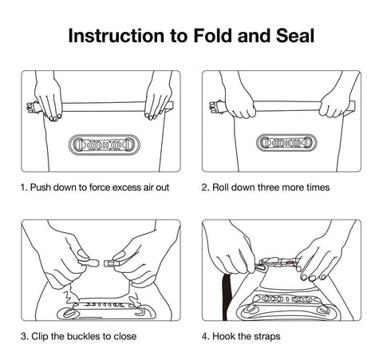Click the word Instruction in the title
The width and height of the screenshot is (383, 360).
tap(116, 36)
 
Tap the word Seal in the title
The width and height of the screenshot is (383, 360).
tap(295, 36)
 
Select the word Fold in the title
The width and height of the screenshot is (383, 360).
tap(213, 36)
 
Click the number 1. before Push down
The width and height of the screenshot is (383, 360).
tap(24, 188)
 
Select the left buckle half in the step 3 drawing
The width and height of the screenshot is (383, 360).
tap(89, 263)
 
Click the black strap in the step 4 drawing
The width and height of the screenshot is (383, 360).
tap(226, 297)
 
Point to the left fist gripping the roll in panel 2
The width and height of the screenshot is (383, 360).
tap(239, 106)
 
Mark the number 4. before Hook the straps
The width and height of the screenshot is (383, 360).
tap(206, 336)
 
